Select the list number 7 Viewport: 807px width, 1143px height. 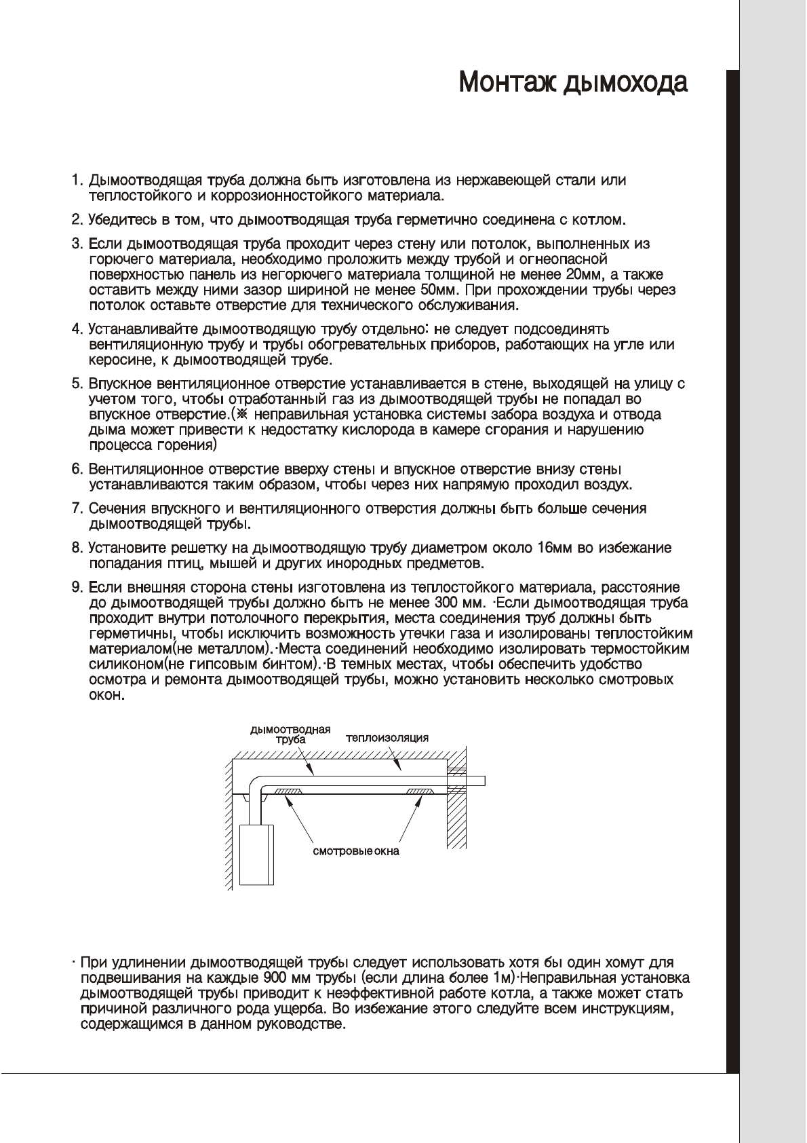coord(77,508)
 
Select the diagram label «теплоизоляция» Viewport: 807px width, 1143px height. coord(387,738)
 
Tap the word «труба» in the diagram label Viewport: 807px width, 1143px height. coord(290,741)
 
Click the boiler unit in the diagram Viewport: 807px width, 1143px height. coord(256,855)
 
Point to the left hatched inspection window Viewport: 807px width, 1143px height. coord(288,791)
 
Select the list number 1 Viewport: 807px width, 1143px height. coord(77,181)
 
